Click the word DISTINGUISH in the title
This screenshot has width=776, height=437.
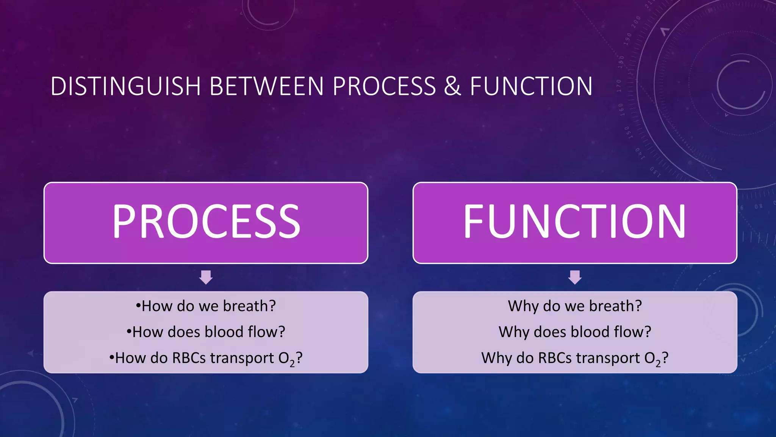tap(125, 86)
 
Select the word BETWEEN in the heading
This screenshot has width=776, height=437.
tap(266, 86)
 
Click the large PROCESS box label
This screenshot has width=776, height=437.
tap(206, 222)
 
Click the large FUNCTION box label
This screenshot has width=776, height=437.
tap(574, 222)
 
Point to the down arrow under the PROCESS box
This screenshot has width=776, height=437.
tap(206, 277)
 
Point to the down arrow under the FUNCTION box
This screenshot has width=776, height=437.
tap(575, 277)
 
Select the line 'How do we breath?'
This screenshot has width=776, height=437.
tap(206, 306)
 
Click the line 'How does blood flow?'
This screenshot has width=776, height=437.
tap(206, 332)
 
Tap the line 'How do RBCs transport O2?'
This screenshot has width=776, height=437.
tap(206, 358)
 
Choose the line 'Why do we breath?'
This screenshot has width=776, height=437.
tap(575, 306)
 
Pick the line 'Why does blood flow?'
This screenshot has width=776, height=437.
tap(575, 332)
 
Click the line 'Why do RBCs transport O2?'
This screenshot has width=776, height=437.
tap(575, 358)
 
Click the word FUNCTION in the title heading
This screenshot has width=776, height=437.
tap(531, 86)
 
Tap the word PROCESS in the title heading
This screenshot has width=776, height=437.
tap(384, 86)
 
